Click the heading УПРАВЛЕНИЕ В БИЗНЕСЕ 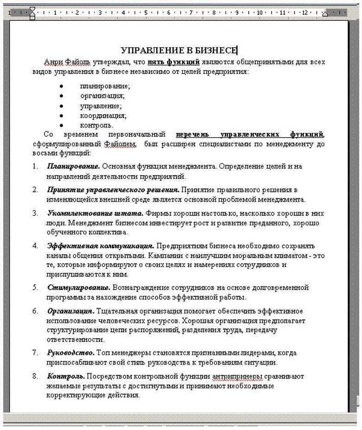click(178, 50)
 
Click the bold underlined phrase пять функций click(173, 62)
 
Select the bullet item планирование click(104, 86)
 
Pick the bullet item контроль click(96, 125)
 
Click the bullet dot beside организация click(62, 96)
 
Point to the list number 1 click(35, 166)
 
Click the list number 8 click(35, 376)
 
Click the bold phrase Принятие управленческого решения click(113, 190)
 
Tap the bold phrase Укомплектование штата click(95, 213)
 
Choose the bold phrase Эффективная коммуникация click(100, 245)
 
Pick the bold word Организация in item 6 click(71, 310)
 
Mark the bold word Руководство click(71, 353)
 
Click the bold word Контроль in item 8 click(66, 376)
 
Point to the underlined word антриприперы click(232, 376)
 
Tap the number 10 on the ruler click(259, 13)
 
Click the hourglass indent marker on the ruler click(32, 13)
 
